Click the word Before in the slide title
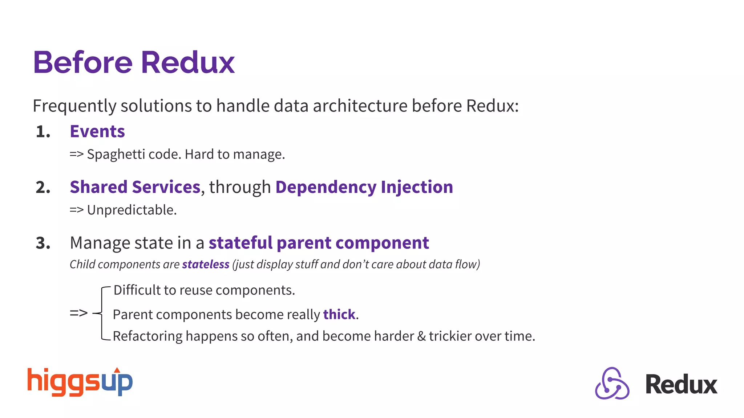tap(83, 62)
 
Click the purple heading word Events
tap(97, 131)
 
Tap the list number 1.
tap(43, 132)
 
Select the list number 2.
tap(43, 188)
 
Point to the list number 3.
tap(43, 243)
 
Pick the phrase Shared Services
tap(135, 187)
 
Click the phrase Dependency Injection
tap(364, 187)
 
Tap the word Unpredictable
tap(132, 210)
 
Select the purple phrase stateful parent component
tap(319, 243)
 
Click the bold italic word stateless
tap(206, 265)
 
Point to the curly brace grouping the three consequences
tap(102, 313)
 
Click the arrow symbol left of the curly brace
tap(78, 313)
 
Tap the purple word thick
tap(339, 315)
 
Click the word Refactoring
tap(147, 336)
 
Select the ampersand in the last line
tap(421, 336)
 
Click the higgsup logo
tap(80, 382)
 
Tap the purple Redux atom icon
tap(612, 384)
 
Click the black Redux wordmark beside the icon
tap(681, 385)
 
